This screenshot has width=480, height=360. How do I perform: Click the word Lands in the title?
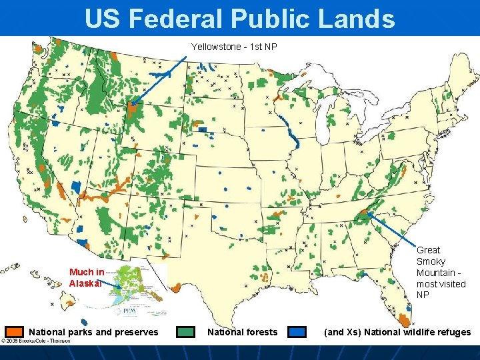[x=356, y=19]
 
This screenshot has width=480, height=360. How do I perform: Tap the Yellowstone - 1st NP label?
[x=234, y=47]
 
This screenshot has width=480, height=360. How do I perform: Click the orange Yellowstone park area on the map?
[x=134, y=107]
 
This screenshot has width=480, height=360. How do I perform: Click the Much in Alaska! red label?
[x=86, y=277]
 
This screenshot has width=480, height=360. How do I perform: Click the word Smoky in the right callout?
[x=431, y=261]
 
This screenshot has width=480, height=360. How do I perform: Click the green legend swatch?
[x=186, y=331]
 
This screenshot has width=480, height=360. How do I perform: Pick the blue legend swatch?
[x=297, y=331]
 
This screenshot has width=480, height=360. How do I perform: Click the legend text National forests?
[x=242, y=332]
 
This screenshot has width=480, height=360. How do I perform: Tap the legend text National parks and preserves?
[x=93, y=332]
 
